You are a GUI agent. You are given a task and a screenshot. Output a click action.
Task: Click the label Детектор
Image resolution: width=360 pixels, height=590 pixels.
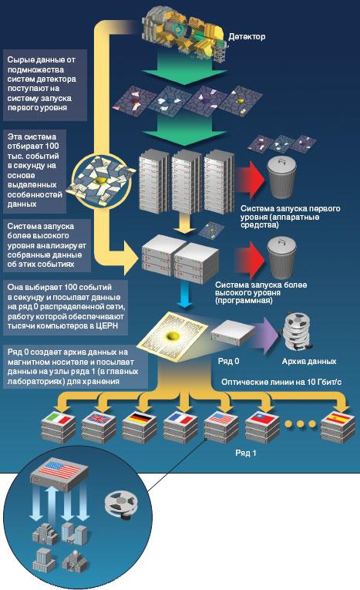pyautogui.click(x=247, y=36)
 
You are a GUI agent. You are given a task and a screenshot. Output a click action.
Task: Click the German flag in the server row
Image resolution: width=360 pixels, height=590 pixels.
pyautogui.click(x=140, y=419)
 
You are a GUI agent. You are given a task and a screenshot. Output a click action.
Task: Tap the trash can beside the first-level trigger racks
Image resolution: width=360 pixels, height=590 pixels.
pyautogui.click(x=281, y=177)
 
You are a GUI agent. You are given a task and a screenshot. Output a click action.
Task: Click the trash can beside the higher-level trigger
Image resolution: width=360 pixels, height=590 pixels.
pyautogui.click(x=281, y=257)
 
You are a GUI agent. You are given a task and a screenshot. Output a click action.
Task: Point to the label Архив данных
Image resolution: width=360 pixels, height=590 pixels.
pyautogui.click(x=309, y=361)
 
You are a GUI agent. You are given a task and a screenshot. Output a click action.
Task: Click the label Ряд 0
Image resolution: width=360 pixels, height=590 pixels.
pyautogui.click(x=228, y=361)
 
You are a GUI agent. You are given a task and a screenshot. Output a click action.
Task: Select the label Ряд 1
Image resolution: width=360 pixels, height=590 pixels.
pyautogui.click(x=246, y=453)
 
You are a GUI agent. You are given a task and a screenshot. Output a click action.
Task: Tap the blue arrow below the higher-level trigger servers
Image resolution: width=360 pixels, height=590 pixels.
pyautogui.click(x=185, y=296)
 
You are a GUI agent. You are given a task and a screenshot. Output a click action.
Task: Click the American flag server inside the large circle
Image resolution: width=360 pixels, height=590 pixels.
pyautogui.click(x=59, y=476)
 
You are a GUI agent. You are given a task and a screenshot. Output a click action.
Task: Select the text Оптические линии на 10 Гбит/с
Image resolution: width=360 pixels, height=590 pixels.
pyautogui.click(x=281, y=382)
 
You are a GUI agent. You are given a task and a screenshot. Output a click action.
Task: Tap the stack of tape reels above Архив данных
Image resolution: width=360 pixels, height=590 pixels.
pyautogui.click(x=298, y=332)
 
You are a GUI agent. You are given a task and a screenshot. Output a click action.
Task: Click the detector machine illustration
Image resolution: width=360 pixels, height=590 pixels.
pyautogui.click(x=184, y=35)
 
